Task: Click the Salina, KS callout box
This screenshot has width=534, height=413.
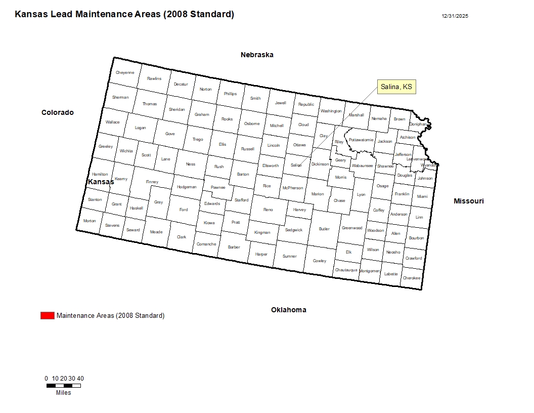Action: (396, 87)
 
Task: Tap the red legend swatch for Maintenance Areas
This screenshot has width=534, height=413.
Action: (47, 316)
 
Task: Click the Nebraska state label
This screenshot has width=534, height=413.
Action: (257, 55)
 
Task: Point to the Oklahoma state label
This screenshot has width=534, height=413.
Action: (288, 310)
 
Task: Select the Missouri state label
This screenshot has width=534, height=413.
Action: (468, 201)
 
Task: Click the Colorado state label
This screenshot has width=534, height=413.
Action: (58, 112)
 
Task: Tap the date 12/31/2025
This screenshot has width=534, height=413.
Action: (455, 16)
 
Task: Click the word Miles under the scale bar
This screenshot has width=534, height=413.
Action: (64, 393)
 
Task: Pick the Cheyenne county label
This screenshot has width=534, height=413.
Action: (125, 72)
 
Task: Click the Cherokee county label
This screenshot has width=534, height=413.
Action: (411, 278)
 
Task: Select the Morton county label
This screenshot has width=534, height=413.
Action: (90, 221)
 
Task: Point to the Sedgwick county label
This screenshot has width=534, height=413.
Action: (293, 230)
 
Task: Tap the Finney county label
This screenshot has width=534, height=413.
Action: (152, 182)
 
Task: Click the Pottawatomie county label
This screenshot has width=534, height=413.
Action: (361, 140)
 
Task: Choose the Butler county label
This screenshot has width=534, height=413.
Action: (324, 229)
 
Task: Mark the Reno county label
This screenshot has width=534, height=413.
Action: (268, 210)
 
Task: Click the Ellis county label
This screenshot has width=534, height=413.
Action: (223, 144)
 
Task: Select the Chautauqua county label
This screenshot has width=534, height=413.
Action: (346, 270)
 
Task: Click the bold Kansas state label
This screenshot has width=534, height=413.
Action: (101, 182)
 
